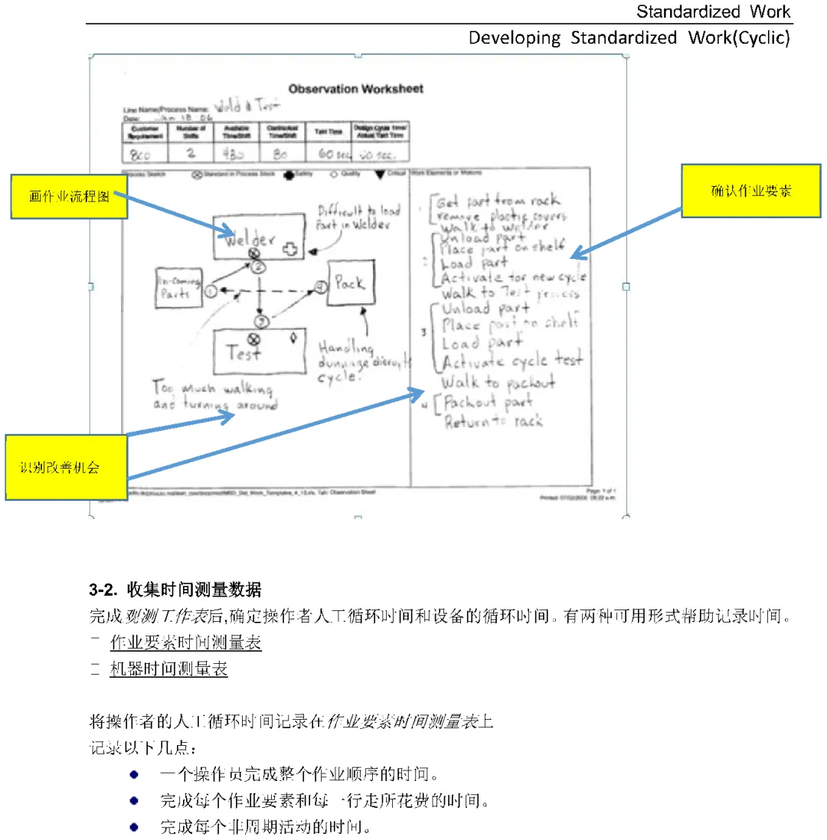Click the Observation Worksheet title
[x=355, y=89]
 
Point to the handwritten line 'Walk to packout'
[x=498, y=381]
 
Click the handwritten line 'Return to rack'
[x=494, y=421]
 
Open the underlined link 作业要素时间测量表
[x=186, y=643]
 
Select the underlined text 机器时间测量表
[x=169, y=669]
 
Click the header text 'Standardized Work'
[x=713, y=11]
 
